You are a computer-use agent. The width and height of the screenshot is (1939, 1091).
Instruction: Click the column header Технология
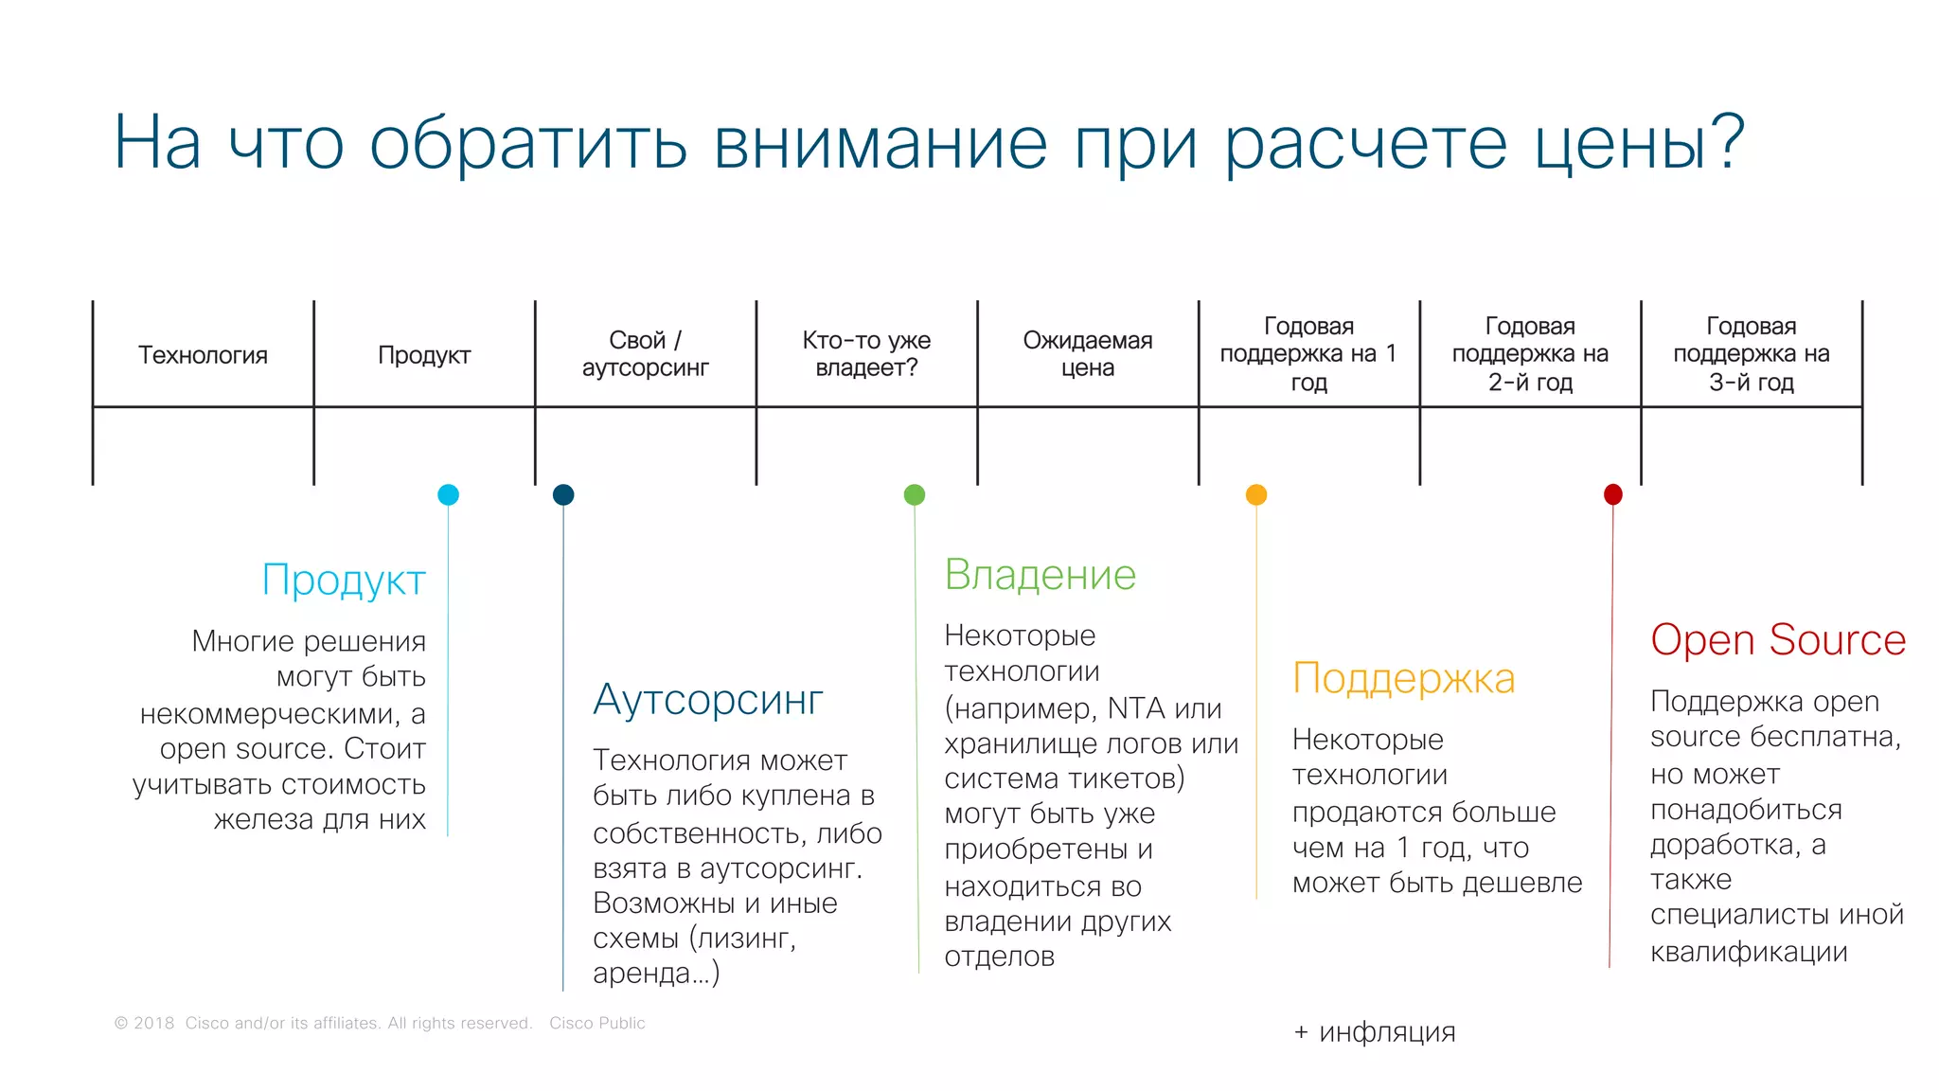point(203,355)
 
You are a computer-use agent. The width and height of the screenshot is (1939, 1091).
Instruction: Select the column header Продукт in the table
point(424,355)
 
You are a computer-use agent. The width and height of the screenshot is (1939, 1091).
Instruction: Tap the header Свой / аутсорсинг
point(645,354)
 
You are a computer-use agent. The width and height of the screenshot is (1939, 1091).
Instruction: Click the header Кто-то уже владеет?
point(866,354)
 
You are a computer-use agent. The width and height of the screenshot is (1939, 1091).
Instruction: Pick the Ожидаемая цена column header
point(1087,354)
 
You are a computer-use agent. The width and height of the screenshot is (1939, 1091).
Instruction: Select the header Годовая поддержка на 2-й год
point(1530,354)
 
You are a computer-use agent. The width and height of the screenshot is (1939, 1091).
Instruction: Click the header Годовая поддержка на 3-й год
point(1751,354)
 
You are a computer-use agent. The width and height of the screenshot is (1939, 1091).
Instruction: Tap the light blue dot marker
point(449,494)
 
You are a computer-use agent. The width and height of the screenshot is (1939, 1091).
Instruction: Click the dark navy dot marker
point(563,494)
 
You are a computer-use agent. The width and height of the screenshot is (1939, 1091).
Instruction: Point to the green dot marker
point(915,494)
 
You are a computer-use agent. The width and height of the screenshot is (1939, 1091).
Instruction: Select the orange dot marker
point(1256,494)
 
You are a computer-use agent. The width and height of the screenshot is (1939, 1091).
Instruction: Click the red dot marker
point(1613,494)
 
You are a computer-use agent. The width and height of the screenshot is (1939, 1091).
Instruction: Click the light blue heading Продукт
point(344,581)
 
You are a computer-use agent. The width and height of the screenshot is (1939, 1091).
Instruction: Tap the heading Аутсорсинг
point(708,700)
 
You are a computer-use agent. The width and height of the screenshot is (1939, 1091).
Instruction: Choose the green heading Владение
point(1040,575)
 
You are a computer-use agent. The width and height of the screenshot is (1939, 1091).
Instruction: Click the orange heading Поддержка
point(1403,679)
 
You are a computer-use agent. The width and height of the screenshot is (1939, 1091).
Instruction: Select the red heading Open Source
point(1777,640)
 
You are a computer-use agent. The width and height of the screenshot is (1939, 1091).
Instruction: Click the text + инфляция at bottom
point(1374,1032)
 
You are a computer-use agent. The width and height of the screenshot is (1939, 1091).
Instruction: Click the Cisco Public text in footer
point(596,1023)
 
